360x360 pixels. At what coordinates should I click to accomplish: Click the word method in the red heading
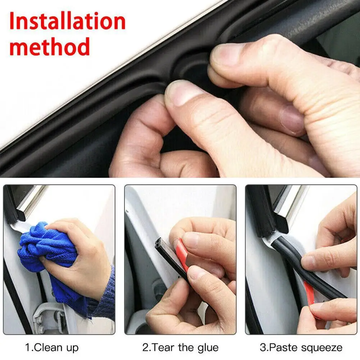tap(49, 46)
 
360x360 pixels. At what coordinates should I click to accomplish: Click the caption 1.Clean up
tap(52, 348)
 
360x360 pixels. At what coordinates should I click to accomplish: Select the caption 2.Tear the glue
tap(181, 348)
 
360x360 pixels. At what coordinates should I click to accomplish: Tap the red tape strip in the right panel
tap(310, 293)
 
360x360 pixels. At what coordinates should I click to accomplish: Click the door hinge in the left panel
tap(47, 316)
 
